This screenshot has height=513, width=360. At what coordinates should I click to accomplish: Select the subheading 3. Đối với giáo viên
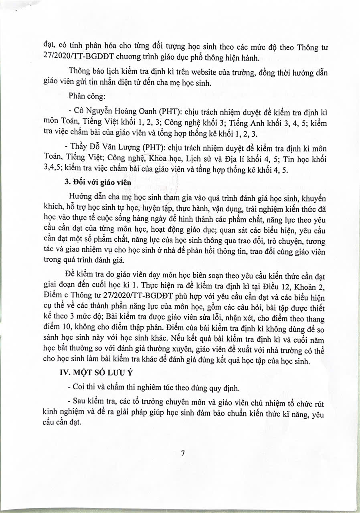pyautogui.click(x=99, y=183)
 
